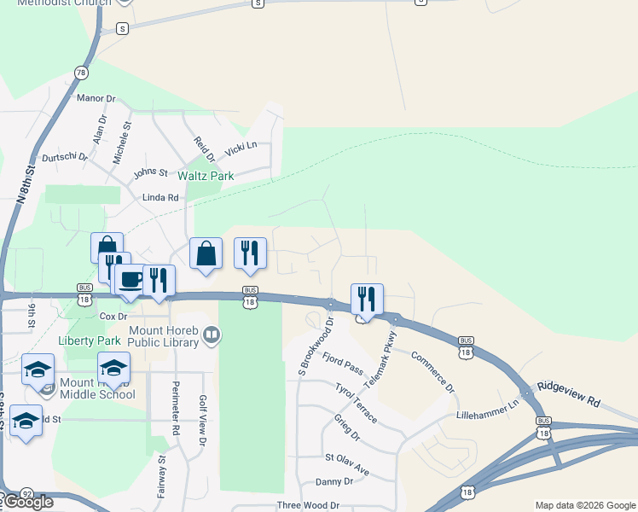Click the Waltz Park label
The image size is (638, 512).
click(206, 176)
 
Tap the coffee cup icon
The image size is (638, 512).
click(130, 281)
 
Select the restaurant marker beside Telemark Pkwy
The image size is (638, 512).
click(367, 299)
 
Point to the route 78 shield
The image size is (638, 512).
click(81, 73)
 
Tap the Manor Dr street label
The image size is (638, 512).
click(96, 98)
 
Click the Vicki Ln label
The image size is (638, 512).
click(241, 149)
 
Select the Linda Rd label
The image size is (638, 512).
click(160, 197)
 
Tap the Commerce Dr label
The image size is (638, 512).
click(433, 372)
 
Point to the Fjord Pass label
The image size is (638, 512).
click(343, 360)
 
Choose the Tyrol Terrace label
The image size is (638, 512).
click(356, 403)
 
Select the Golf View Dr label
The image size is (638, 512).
click(203, 422)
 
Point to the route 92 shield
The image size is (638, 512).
click(27, 494)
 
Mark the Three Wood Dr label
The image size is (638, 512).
click(308, 505)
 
